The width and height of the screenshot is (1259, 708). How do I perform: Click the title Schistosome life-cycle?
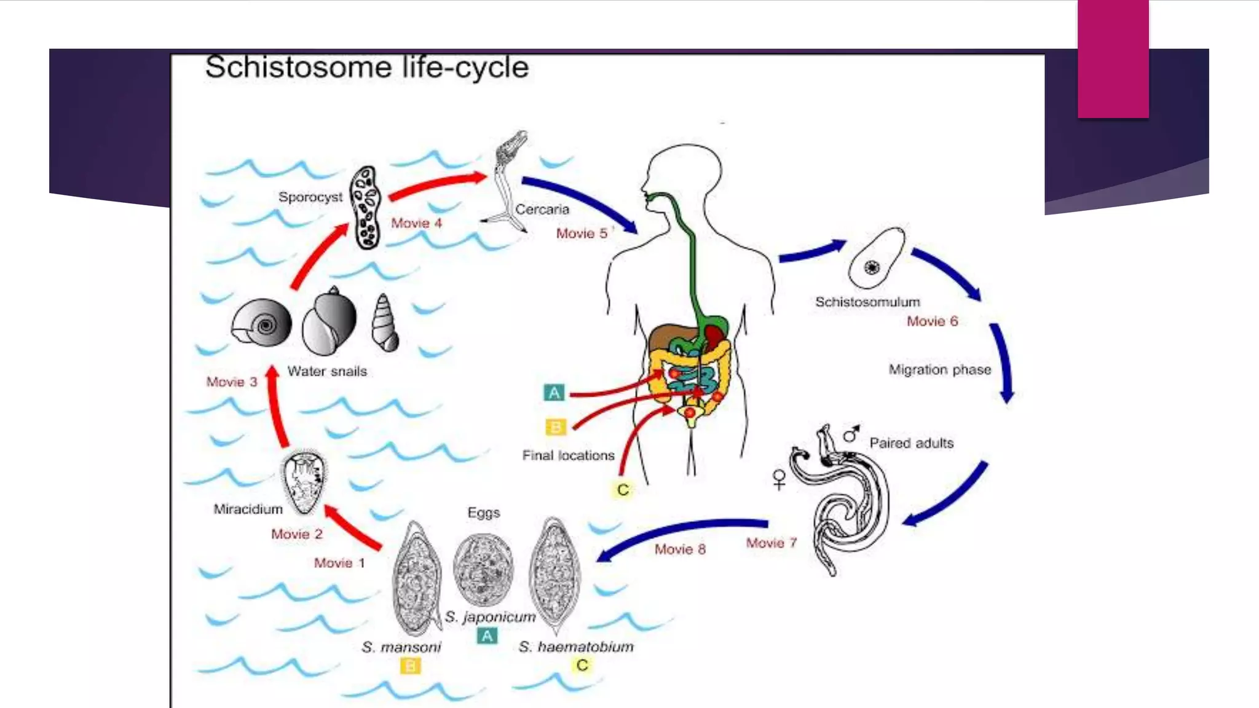coord(366,67)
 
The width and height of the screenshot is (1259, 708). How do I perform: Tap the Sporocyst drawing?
coord(365,208)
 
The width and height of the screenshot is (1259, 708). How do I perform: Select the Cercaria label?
coord(542,210)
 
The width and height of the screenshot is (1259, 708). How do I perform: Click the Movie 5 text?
coord(581,234)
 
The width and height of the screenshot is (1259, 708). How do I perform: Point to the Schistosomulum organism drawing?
coord(876,258)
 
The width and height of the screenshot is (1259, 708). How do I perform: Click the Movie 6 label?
coord(932,321)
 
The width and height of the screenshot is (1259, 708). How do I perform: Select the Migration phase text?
coord(939,370)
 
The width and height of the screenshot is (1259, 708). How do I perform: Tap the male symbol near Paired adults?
coord(851,434)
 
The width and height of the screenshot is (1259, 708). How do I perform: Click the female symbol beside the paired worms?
coord(779,479)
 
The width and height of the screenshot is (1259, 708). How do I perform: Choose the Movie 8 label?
coord(679,549)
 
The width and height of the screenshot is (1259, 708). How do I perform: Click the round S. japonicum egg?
coord(483,568)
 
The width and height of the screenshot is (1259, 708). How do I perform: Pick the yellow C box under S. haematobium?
coord(582,665)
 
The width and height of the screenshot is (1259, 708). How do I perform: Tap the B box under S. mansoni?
coord(410,666)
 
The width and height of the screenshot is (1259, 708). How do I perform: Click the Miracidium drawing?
coord(303,483)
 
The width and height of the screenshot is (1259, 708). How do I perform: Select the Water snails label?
coord(327,371)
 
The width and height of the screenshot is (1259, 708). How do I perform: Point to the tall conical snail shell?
coord(385,323)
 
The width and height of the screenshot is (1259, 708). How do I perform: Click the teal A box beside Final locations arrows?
coord(554,392)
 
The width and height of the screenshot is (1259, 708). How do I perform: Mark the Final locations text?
coord(568,455)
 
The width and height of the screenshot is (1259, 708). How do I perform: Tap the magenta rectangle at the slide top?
coord(1113,58)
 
